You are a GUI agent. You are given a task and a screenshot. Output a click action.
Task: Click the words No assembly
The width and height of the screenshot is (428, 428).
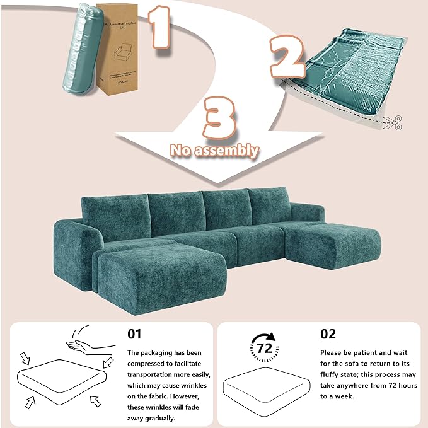click(x=214, y=150)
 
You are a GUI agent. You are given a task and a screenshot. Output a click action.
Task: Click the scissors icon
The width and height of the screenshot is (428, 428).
click(x=391, y=123)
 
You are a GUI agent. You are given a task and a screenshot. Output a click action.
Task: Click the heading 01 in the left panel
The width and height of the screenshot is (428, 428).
click(x=135, y=333)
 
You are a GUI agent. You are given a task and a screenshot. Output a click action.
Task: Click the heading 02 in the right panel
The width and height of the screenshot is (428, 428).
click(x=328, y=333)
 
